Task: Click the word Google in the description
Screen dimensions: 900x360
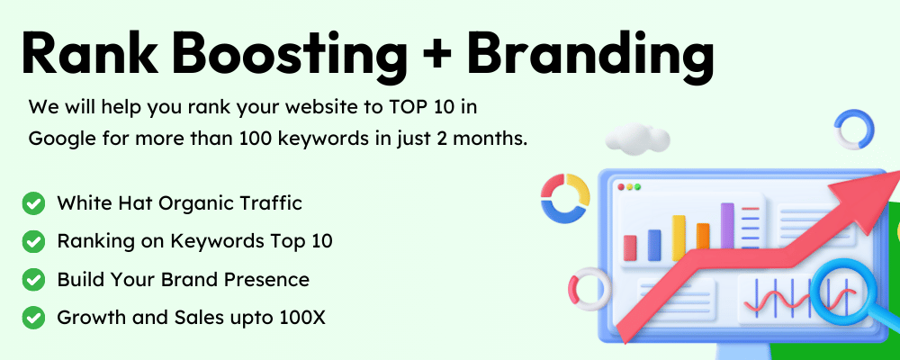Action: pos(60,139)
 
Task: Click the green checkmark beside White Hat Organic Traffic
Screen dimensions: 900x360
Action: pos(33,203)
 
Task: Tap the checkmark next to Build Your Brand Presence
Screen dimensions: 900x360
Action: pos(33,280)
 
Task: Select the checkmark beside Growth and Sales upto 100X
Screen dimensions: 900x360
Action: pos(33,318)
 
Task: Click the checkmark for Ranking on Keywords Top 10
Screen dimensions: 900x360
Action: pos(33,242)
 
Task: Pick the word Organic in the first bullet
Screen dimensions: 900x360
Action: pos(197,204)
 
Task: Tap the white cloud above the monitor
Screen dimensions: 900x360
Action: pos(638,139)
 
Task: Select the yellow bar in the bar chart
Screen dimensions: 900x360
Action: pos(679,238)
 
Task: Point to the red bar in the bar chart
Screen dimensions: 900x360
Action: pos(630,247)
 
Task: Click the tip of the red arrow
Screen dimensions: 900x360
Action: pos(899,172)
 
